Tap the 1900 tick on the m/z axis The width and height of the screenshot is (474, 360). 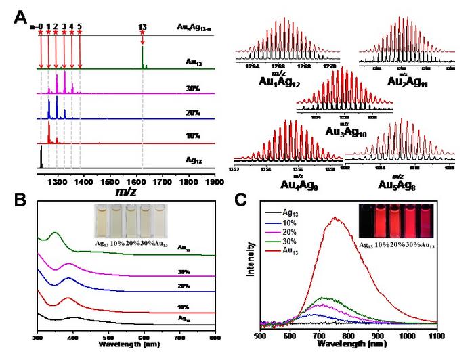(215, 182)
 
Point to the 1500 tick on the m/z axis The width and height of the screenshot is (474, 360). (110, 182)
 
